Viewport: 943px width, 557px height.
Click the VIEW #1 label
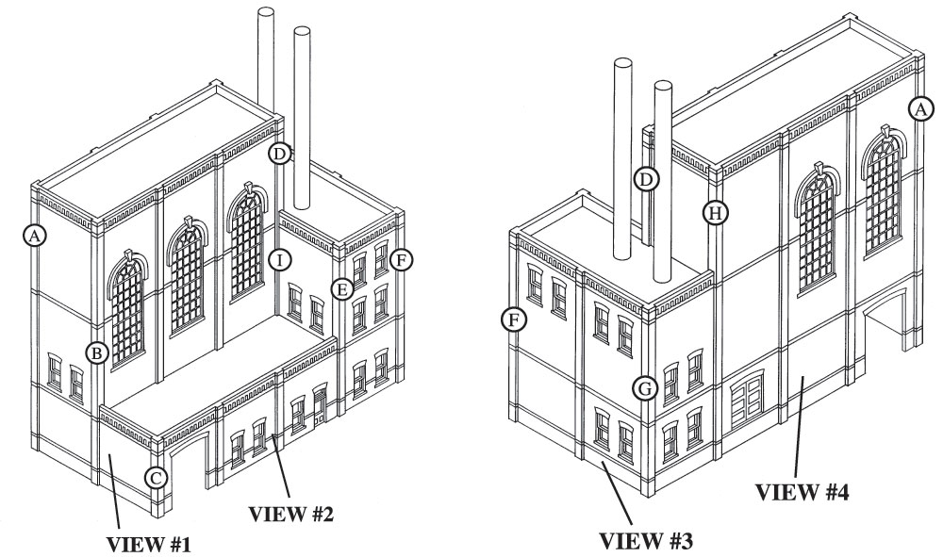[149, 545]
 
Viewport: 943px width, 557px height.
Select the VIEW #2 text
[291, 514]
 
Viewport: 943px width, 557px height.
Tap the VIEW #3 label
[647, 540]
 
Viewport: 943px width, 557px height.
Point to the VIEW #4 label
[802, 492]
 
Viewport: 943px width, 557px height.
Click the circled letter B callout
[96, 352]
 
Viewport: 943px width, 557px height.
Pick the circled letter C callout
[156, 479]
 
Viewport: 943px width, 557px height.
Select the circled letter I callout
[280, 261]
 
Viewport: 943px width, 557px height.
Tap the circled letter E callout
[342, 289]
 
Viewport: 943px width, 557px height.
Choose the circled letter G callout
[644, 388]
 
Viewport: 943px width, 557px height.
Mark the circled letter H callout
[715, 213]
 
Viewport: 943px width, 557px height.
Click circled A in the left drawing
[35, 235]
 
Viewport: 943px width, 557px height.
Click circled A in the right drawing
[920, 109]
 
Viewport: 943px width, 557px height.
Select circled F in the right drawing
[513, 319]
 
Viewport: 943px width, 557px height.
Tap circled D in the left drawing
[280, 154]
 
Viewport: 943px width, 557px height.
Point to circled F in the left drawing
[401, 260]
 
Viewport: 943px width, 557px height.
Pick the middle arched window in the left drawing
[188, 275]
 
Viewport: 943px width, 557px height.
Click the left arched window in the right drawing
[818, 228]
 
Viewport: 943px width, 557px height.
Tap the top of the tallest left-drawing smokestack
[266, 12]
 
